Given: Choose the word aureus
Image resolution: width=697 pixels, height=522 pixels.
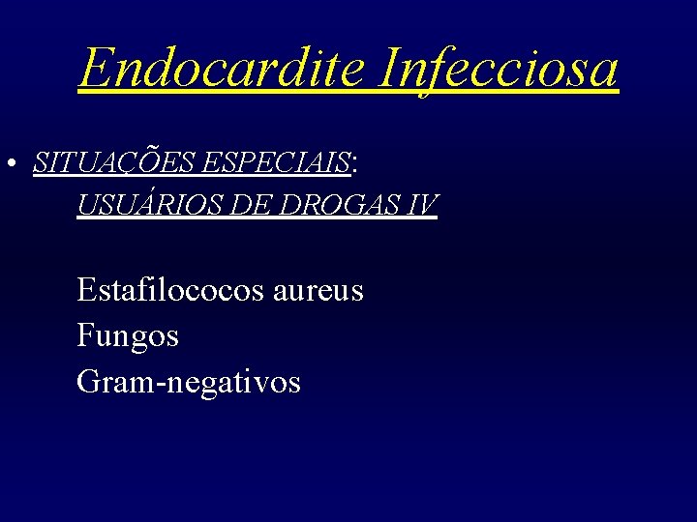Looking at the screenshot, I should pyautogui.click(x=318, y=290).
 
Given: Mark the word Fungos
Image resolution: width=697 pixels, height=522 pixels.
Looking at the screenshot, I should pyautogui.click(x=128, y=336).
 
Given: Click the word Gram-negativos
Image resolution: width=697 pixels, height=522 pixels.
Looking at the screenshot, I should pyautogui.click(x=189, y=383).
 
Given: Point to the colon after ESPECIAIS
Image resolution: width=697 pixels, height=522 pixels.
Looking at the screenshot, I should pyautogui.click(x=355, y=167).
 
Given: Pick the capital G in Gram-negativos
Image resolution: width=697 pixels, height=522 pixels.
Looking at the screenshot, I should pyautogui.click(x=87, y=382).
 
